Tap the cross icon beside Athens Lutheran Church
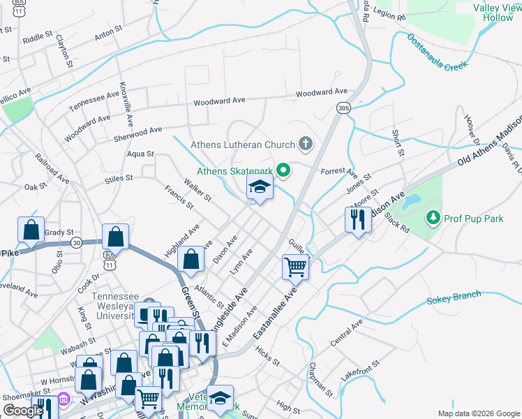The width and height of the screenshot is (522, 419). point(305,145)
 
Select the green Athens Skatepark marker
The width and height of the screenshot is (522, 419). point(283,170)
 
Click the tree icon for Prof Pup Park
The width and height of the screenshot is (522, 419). point(433,219)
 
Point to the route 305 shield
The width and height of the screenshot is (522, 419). point(343,108)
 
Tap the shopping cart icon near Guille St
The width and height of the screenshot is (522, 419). point(295,266)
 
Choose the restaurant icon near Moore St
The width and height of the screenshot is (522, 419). point(358,220)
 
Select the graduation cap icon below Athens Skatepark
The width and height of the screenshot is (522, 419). point(260,187)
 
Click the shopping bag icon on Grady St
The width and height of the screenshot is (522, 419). point(31,229)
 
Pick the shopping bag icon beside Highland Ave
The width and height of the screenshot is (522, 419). point(191,259)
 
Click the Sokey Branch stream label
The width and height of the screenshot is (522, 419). point(454,299)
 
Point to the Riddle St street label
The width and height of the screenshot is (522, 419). point(37,36)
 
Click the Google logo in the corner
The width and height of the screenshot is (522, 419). point(22,411)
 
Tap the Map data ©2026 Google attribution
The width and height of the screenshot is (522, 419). point(478,413)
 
